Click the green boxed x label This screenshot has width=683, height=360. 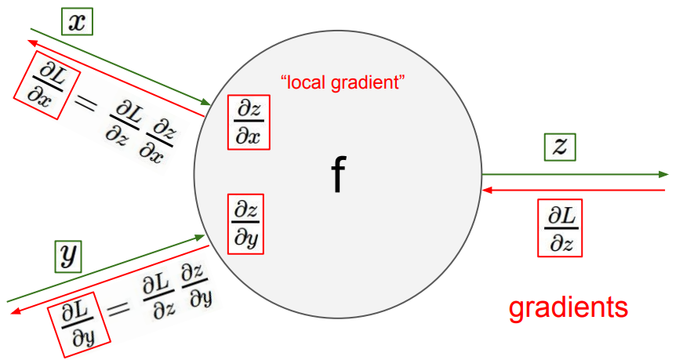click(x=76, y=22)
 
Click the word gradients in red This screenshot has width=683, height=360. click(x=568, y=307)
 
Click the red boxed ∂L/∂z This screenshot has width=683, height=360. click(x=561, y=228)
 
